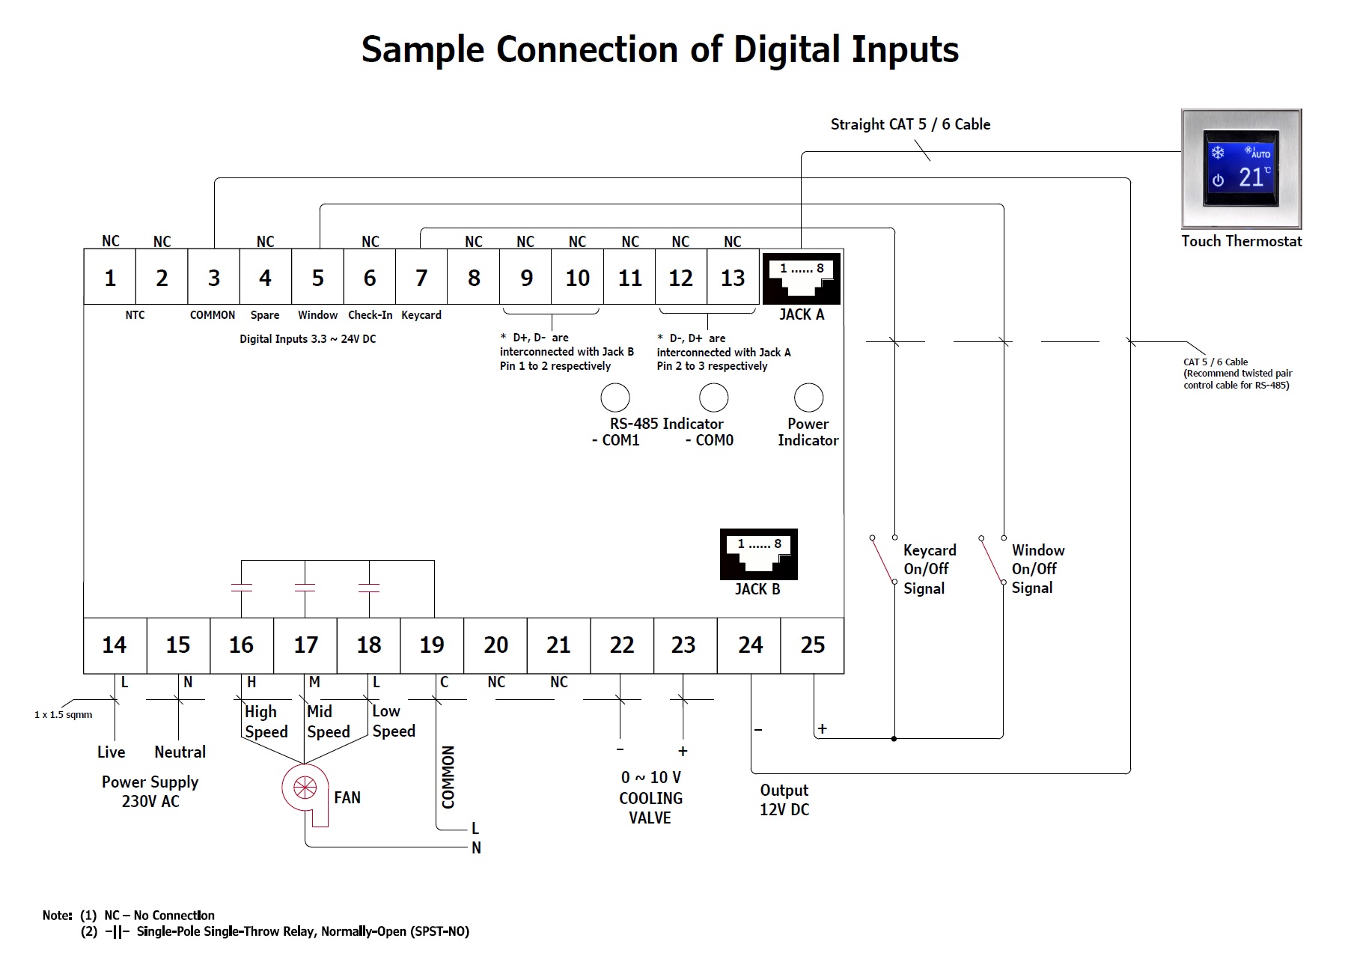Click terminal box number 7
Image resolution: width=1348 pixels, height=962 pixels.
(421, 278)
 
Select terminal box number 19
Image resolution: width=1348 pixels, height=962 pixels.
(432, 645)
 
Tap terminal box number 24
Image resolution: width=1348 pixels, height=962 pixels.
(750, 645)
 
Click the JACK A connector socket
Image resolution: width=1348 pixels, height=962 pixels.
(801, 278)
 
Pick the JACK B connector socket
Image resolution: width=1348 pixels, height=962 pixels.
(758, 554)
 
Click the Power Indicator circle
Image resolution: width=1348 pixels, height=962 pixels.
(808, 398)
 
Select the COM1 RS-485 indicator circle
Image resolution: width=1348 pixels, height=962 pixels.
(615, 398)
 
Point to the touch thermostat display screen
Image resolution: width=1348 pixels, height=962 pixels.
(1241, 168)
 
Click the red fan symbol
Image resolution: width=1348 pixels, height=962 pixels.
(305, 788)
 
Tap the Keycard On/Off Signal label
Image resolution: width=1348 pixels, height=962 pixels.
(929, 569)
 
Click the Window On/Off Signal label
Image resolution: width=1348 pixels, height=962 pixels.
(1037, 569)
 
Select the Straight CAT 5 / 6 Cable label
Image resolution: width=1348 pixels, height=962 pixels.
(910, 124)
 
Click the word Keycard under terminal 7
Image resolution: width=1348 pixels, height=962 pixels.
(421, 315)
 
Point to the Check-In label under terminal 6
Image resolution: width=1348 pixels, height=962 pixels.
(370, 315)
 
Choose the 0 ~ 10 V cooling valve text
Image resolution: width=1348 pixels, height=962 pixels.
(650, 778)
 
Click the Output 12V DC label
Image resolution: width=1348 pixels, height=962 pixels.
(784, 800)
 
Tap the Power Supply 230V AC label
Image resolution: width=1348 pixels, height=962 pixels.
(150, 791)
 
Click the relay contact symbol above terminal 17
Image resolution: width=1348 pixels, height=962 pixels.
(305, 588)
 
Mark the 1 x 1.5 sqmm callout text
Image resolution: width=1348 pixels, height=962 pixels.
(63, 715)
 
